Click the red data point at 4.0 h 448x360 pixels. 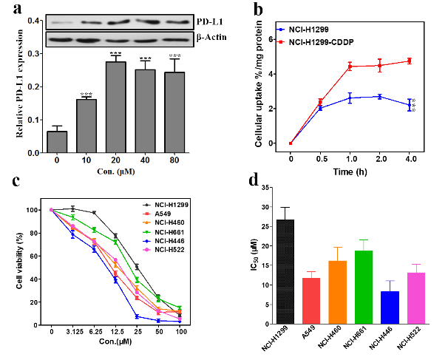pyautogui.click(x=410, y=61)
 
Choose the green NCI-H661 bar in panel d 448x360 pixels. pyautogui.click(x=363, y=288)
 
